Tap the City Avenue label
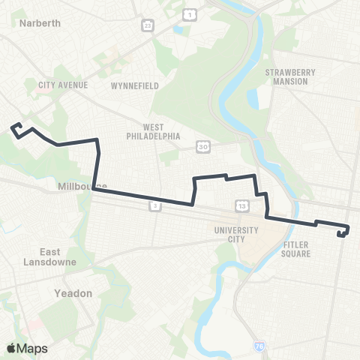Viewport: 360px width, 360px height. [x=63, y=85]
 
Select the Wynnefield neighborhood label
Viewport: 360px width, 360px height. [x=134, y=85]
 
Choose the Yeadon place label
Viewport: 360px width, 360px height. [x=73, y=293]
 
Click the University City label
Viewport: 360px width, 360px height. [x=235, y=235]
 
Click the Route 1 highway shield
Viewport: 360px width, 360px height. [x=190, y=15]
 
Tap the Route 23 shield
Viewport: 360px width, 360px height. [x=148, y=25]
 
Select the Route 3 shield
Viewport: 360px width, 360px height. [x=154, y=205]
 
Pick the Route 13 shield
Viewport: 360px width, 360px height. [x=241, y=205]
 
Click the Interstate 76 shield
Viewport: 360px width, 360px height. [x=259, y=346]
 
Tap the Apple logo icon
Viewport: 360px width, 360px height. [x=11, y=348]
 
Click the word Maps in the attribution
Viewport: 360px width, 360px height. [x=32, y=348]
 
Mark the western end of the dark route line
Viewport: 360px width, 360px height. [x=12, y=128]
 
